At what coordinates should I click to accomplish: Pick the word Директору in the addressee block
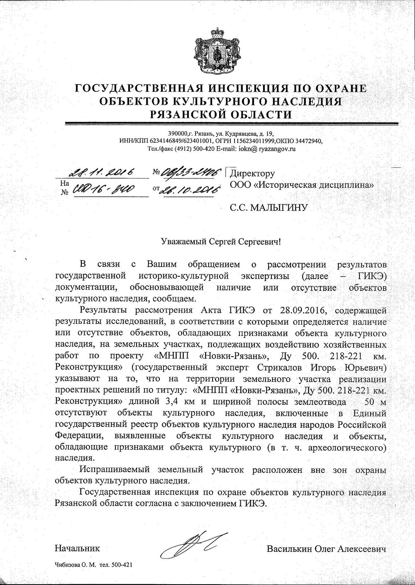click(252, 174)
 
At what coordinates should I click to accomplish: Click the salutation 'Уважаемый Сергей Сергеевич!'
click(221, 241)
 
